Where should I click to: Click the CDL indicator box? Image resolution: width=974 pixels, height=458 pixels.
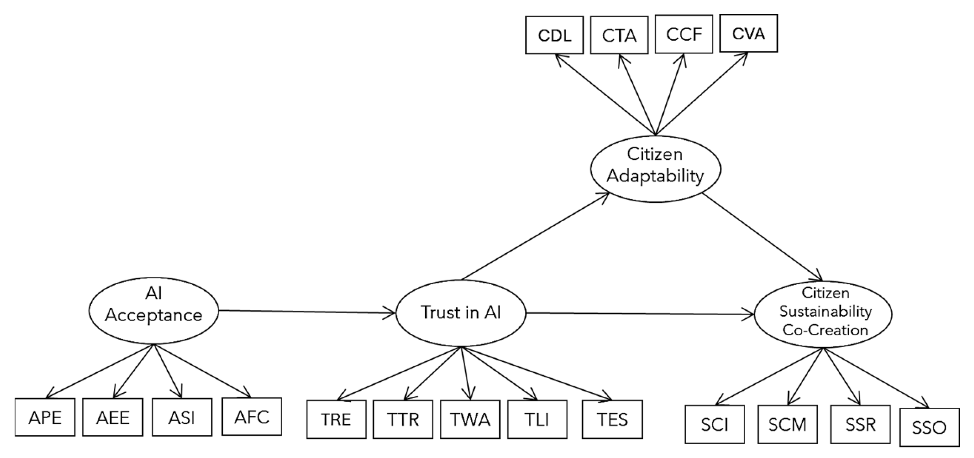(554, 35)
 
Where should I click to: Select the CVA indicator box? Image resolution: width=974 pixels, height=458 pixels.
(748, 33)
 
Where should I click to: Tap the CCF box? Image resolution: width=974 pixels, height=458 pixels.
(684, 34)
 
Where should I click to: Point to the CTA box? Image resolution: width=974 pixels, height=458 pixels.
(619, 35)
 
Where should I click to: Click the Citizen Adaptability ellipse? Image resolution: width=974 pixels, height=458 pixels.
(656, 169)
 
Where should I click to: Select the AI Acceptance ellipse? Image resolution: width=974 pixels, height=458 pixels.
(154, 311)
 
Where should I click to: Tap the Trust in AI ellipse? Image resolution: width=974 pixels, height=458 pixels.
(461, 313)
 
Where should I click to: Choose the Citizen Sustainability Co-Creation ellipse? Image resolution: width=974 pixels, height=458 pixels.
(823, 314)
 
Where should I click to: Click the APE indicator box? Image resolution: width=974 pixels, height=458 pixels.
(45, 417)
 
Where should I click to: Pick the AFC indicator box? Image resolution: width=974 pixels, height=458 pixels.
(252, 416)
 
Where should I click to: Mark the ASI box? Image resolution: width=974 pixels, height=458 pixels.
(182, 417)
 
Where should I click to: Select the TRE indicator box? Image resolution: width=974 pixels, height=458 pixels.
(336, 419)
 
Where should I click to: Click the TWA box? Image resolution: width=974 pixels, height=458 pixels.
(470, 419)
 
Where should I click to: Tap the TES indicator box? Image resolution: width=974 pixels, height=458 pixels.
(612, 419)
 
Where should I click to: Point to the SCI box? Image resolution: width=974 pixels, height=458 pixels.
(715, 424)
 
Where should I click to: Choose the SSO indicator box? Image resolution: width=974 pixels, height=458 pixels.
(930, 427)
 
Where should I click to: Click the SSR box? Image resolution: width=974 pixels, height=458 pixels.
(860, 424)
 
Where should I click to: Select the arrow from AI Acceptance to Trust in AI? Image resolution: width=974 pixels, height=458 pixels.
(307, 312)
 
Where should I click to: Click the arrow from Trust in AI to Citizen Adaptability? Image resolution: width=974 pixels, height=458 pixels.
(535, 236)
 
